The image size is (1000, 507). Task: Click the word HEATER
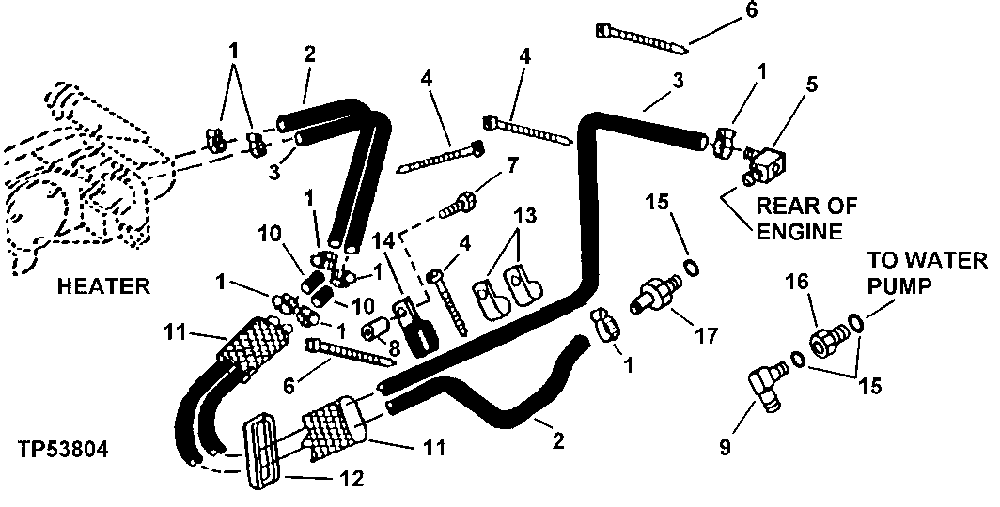click(x=102, y=286)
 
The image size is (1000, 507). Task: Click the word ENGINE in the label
click(x=801, y=231)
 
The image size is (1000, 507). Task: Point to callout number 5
click(x=811, y=84)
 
